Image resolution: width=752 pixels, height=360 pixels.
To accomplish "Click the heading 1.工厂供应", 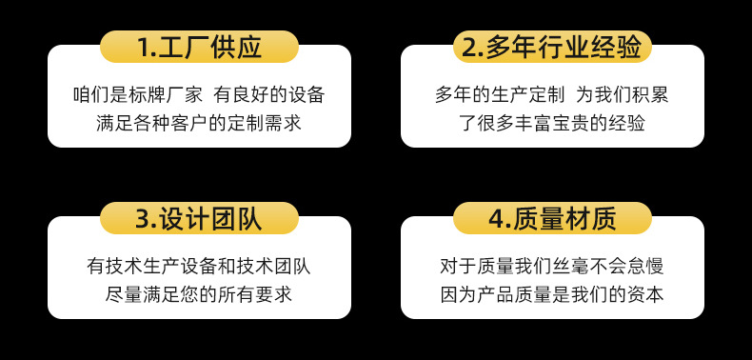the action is (199, 47).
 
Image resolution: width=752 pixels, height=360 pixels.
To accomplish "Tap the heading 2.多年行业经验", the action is (552, 47).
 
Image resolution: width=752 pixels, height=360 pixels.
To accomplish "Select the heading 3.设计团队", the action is (199, 220).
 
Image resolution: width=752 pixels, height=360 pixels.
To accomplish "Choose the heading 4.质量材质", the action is (552, 220).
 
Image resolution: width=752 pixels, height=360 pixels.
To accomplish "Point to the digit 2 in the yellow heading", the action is (470, 47).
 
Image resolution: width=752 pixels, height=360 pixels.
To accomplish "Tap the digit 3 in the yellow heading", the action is (144, 220).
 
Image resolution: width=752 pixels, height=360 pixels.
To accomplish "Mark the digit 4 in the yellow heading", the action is (496, 220).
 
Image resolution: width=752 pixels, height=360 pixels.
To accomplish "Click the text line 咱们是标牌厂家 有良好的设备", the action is (199, 94).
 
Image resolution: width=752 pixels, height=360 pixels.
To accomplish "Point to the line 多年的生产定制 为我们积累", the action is (552, 94).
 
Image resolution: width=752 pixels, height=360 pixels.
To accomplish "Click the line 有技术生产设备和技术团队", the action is (199, 267).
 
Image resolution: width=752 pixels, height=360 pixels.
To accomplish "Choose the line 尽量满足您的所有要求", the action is (199, 295).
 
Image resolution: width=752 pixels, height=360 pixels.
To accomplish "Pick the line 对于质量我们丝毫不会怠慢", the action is (552, 267).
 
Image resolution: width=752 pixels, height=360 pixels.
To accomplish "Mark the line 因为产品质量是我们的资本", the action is (552, 295).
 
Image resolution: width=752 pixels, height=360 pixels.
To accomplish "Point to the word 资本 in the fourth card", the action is (644, 295).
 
